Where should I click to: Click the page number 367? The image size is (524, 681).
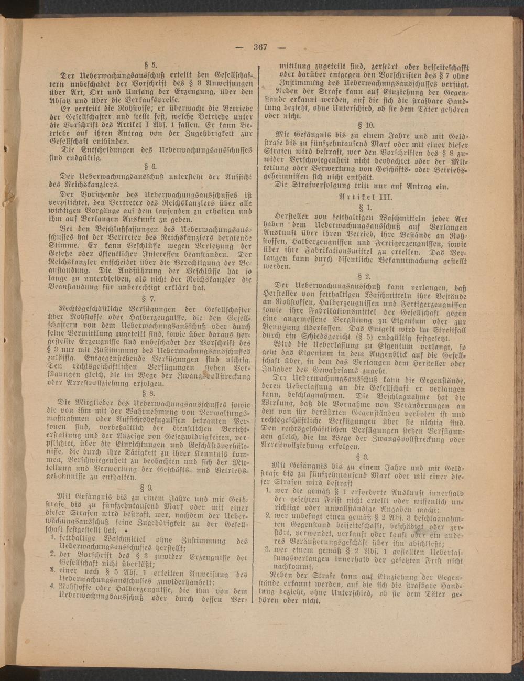click(x=260, y=47)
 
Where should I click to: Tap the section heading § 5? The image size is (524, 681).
click(x=154, y=66)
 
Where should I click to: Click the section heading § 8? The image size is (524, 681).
click(x=154, y=392)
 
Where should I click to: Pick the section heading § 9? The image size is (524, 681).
click(x=154, y=486)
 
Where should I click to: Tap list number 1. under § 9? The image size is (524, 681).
click(x=53, y=537)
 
